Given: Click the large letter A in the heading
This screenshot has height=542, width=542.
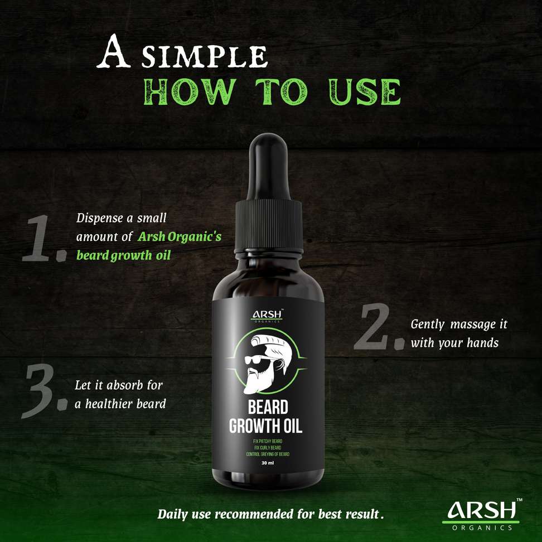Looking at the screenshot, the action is (113, 51).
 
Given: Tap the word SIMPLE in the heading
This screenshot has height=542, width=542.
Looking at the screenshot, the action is (205, 56).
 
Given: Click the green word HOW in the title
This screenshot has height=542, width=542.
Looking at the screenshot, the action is (190, 91).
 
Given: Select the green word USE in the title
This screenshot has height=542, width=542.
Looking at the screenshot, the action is (365, 91).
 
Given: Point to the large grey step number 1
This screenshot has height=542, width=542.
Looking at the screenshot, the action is (44, 238).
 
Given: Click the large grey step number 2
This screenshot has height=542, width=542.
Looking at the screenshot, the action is (379, 327).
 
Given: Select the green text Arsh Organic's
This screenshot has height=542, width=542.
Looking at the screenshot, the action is (180, 237).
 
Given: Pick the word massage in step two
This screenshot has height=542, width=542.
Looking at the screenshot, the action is (473, 325).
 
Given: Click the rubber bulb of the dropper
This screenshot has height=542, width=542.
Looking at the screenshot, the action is (269, 166).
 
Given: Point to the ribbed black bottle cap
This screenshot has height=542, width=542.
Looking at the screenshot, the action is (269, 226).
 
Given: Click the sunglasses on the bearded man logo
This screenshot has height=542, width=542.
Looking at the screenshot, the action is (256, 360).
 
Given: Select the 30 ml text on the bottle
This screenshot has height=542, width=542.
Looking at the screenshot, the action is (268, 462).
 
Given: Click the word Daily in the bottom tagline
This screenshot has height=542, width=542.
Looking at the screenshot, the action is (172, 514).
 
